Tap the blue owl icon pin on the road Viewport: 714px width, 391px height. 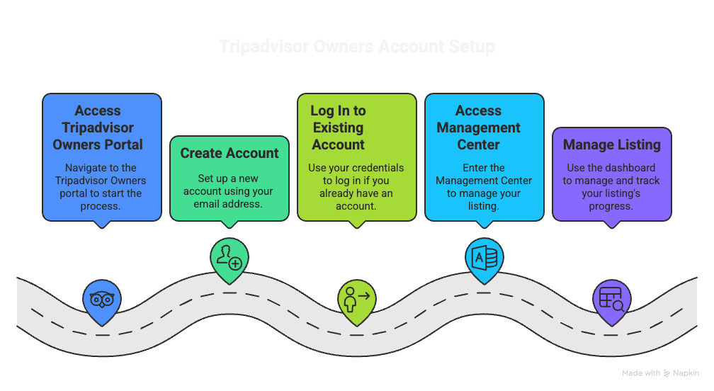pyautogui.click(x=102, y=298)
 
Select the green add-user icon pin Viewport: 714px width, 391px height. pyautogui.click(x=229, y=258)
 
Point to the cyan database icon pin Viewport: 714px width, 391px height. pyautogui.click(x=484, y=258)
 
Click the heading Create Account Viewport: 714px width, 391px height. pyautogui.click(x=229, y=153)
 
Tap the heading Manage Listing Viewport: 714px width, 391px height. pyautogui.click(x=611, y=144)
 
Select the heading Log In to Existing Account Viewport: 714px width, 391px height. pyautogui.click(x=338, y=127)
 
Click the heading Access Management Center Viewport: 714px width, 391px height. pyautogui.click(x=478, y=127)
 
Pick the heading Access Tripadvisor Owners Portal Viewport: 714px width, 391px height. pyautogui.click(x=98, y=127)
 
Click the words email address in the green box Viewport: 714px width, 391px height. pyautogui.click(x=229, y=205)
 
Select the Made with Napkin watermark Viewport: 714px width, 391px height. pyautogui.click(x=660, y=373)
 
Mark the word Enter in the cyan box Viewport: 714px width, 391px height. pyautogui.click(x=473, y=168)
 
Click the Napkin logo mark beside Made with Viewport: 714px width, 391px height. pyautogui.click(x=667, y=373)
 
